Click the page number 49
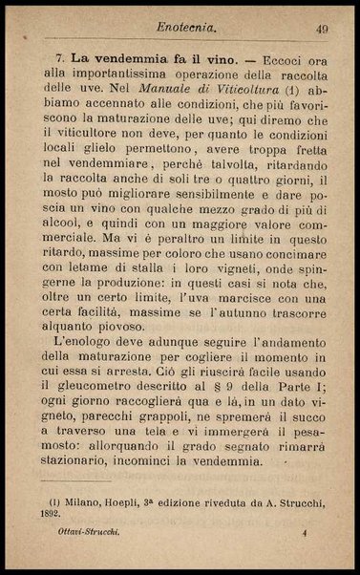click(x=322, y=30)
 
